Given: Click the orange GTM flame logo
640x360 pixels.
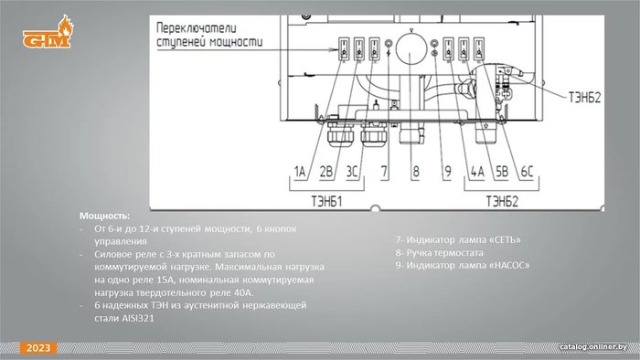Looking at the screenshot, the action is pyautogui.click(x=48, y=32).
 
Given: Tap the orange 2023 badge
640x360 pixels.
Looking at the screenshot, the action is pyautogui.click(x=38, y=348).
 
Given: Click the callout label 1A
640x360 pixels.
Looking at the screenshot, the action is pyautogui.click(x=300, y=172).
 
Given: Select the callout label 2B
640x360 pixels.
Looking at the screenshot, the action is pyautogui.click(x=326, y=172).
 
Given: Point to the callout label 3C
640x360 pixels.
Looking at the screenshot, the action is pyautogui.click(x=352, y=172).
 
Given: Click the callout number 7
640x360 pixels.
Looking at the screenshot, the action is pyautogui.click(x=384, y=172).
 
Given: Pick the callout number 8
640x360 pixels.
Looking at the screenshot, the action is pyautogui.click(x=415, y=172).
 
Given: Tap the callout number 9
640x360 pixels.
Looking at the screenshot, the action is pyautogui.click(x=448, y=172).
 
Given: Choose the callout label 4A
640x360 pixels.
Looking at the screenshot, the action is pyautogui.click(x=477, y=172).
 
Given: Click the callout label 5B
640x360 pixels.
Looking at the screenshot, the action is pyautogui.click(x=502, y=172).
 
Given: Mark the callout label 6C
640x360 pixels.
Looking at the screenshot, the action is pyautogui.click(x=527, y=172).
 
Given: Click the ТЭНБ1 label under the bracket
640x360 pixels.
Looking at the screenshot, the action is pyautogui.click(x=326, y=201).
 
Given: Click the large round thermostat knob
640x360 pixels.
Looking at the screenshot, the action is pyautogui.click(x=411, y=49).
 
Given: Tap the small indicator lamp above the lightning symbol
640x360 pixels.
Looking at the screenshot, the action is pyautogui.click(x=389, y=43).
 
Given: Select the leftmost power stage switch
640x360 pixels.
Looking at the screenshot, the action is pyautogui.click(x=344, y=49).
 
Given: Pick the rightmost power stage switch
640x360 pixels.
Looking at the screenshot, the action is pyautogui.click(x=479, y=49).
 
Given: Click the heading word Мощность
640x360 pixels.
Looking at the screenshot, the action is pyautogui.click(x=105, y=216).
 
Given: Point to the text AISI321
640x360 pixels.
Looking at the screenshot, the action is pyautogui.click(x=138, y=318).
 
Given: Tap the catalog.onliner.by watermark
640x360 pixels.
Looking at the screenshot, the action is pyautogui.click(x=593, y=347).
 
